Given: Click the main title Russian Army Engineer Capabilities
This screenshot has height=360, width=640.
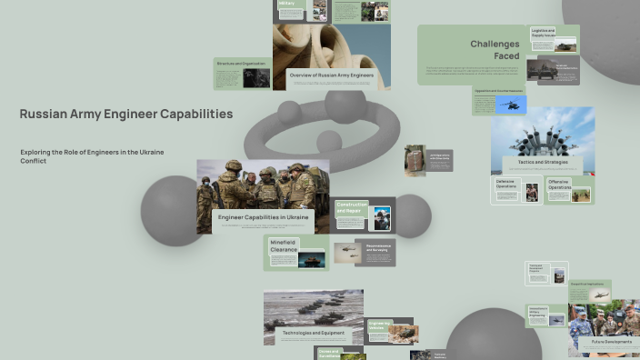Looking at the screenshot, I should pos(125,115).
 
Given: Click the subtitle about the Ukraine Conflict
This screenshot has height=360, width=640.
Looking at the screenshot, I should pos(92,155).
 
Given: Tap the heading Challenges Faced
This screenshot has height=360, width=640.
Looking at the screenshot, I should pos(495,49).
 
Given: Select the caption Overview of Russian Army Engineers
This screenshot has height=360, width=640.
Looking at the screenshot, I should pos(332,75).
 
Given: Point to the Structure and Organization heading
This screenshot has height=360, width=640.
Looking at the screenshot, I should pos(241,64).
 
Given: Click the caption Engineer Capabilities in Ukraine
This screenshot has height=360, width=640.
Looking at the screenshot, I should pos(263,217).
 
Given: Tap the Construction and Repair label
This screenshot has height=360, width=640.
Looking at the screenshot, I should pos(352,208).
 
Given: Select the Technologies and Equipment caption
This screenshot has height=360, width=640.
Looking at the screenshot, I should pos(313,333).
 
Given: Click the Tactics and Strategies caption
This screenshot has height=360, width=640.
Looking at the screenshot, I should pos(543,163).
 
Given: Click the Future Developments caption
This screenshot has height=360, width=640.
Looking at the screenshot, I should pos(605,342).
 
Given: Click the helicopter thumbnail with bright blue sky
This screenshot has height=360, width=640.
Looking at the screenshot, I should pos(511,105).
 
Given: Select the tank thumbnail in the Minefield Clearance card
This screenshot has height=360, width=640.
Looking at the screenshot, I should pos(311,259).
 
